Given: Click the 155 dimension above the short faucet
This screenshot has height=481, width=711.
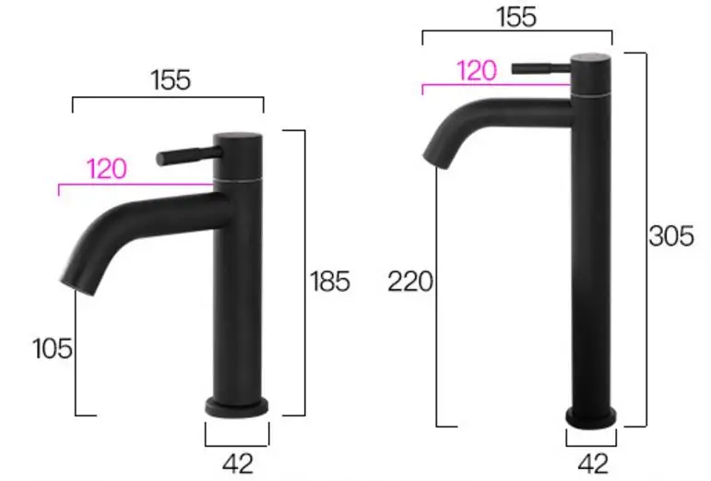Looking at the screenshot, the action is point(171,80).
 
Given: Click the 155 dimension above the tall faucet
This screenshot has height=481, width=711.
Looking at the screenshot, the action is point(516,17).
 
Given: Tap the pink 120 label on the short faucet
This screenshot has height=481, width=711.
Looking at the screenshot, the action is point(107,169).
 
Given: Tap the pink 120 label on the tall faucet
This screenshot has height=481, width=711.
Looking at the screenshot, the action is point(477,71).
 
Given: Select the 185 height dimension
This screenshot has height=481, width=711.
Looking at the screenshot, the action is point(330,281).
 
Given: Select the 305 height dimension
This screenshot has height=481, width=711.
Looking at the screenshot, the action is point(671,236).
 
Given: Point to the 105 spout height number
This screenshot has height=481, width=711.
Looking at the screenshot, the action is point(53,349).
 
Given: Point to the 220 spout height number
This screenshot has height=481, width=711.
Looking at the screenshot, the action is point(410,282).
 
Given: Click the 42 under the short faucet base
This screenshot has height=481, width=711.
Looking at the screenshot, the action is point(238,463).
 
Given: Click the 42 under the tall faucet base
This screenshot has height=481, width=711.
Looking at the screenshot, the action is point(594,463).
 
